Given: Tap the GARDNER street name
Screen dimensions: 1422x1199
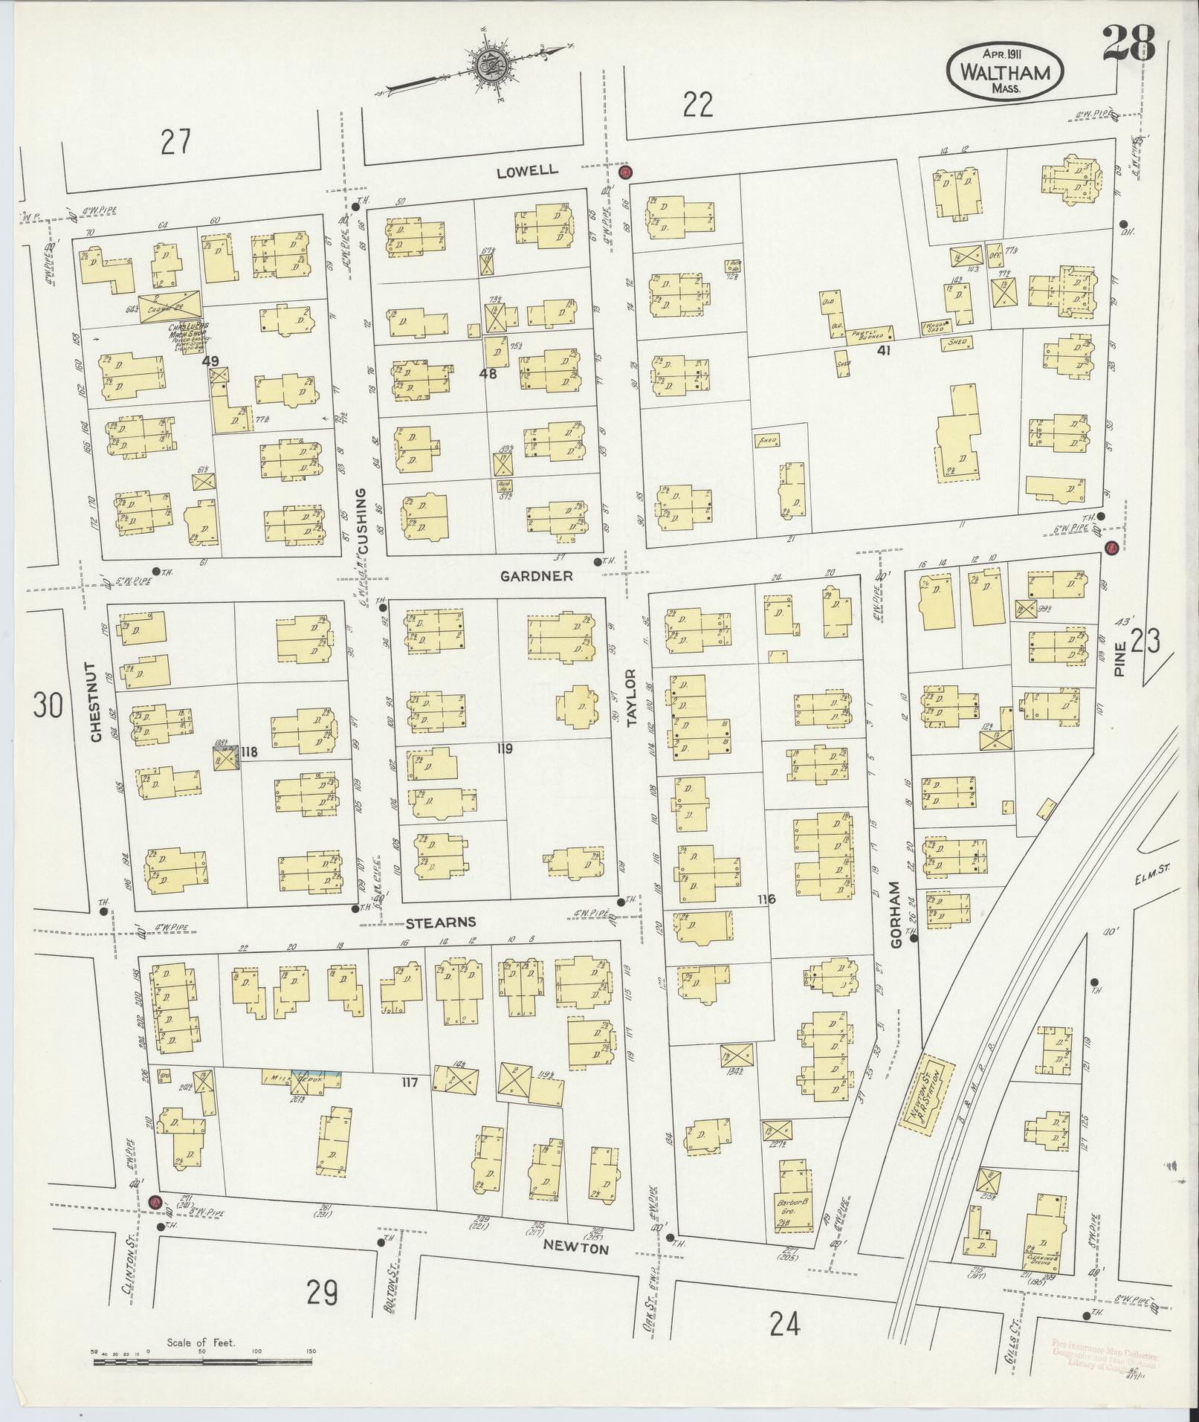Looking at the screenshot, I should point(536,576).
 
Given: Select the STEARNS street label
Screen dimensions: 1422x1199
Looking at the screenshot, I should point(440,923).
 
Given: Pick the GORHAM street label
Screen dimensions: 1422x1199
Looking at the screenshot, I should point(895,915).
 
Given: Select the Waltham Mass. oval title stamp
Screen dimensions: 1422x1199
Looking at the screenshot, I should point(1005,69).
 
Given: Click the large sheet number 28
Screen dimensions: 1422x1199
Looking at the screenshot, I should point(1128,45).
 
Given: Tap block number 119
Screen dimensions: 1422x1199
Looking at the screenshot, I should point(504,749).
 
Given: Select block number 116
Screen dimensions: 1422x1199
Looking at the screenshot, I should point(766,899).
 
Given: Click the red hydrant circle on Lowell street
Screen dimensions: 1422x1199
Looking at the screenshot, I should point(624,172).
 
